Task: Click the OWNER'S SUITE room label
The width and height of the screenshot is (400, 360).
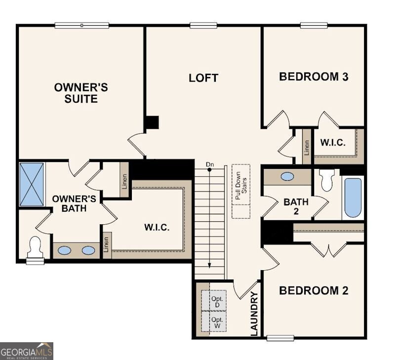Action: click(81, 93)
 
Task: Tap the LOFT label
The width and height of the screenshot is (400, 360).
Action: click(203, 78)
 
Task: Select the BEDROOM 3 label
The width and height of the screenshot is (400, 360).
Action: click(314, 77)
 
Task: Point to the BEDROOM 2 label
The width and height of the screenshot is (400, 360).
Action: click(314, 290)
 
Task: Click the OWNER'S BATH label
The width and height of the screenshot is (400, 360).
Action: click(70, 203)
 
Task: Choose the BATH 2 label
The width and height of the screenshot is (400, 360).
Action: click(296, 206)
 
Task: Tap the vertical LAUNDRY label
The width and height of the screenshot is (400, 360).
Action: click(254, 314)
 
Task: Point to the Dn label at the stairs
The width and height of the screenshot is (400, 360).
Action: click(210, 164)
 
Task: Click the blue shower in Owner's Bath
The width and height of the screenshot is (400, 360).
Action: click(32, 184)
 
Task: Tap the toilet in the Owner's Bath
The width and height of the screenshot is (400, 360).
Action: click(35, 247)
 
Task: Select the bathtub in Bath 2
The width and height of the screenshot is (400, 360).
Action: click(353, 198)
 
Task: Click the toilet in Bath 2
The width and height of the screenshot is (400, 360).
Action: click(327, 180)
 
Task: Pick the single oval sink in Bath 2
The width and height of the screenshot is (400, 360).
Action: click(286, 176)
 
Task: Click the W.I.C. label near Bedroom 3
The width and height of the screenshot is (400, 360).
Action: click(333, 143)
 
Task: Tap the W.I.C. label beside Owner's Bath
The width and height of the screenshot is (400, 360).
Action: click(157, 228)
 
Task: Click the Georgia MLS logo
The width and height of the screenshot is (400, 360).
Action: click(27, 351)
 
